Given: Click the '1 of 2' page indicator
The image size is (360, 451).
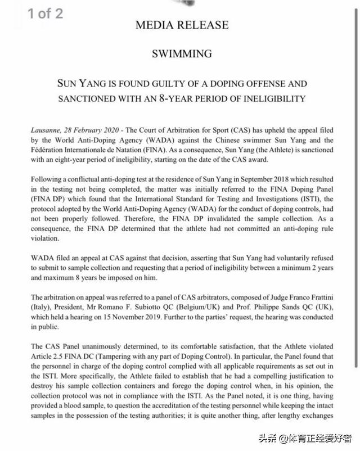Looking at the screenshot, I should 46,13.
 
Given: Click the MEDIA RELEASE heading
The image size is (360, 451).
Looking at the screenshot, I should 182,26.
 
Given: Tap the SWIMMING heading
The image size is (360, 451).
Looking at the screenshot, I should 182,54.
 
